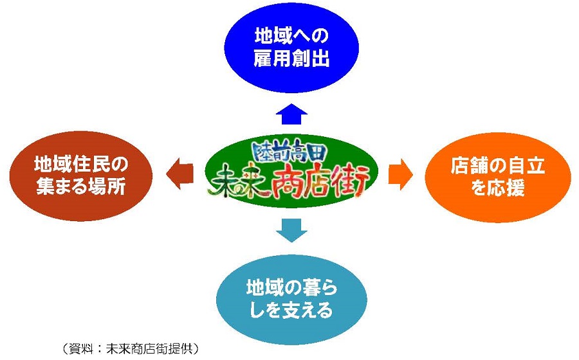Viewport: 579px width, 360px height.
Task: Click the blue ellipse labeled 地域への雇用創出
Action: click(x=291, y=48)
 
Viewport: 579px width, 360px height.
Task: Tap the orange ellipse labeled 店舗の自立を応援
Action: click(x=498, y=177)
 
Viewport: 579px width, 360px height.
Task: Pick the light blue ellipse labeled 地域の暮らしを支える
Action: click(x=291, y=300)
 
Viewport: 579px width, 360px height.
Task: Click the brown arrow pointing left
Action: click(x=180, y=174)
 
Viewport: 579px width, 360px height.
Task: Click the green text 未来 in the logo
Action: click(x=235, y=182)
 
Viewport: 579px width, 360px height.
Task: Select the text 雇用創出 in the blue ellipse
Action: click(x=291, y=59)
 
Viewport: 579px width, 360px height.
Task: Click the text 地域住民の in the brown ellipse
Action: click(x=81, y=164)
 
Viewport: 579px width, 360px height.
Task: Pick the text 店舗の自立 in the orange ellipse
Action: click(x=498, y=166)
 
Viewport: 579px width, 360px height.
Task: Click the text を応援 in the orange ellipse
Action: click(x=498, y=188)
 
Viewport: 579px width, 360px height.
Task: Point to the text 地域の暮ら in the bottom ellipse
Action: click(x=291, y=288)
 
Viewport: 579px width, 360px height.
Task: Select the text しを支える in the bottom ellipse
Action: click(x=291, y=310)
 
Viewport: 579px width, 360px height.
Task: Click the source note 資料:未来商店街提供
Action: click(x=130, y=348)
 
